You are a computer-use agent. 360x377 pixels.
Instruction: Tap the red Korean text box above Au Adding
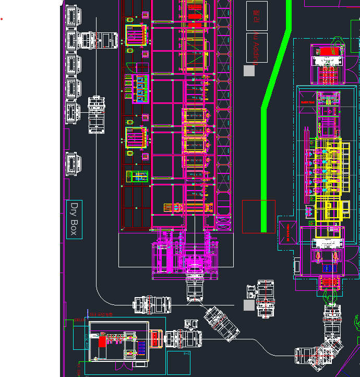(256, 15)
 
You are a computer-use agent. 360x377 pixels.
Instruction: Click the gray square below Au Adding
(249, 70)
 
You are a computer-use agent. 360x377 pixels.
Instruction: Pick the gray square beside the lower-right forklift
(249, 305)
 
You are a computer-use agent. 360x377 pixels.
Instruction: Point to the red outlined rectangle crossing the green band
(259, 216)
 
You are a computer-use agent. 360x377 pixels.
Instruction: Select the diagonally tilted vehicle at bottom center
(221, 323)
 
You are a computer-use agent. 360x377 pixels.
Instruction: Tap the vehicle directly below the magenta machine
(195, 287)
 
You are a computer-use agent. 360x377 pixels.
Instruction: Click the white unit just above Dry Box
(73, 164)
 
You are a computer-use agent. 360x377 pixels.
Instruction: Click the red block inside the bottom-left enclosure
(102, 341)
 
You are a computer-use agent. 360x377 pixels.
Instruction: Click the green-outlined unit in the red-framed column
(137, 176)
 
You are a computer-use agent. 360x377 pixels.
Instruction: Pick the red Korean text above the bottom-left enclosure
(101, 314)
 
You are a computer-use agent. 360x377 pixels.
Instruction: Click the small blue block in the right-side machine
(327, 268)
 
